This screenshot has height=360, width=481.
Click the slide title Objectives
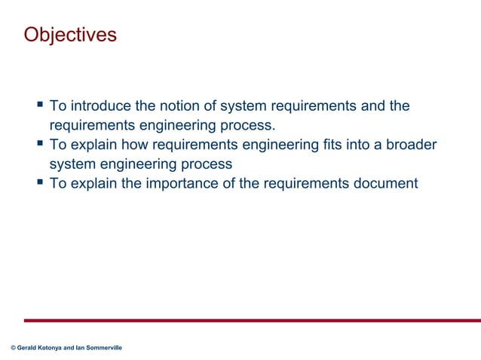click(x=70, y=35)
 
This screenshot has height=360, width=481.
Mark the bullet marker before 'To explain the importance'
click(x=40, y=182)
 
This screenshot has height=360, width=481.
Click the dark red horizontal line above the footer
click(x=249, y=320)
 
